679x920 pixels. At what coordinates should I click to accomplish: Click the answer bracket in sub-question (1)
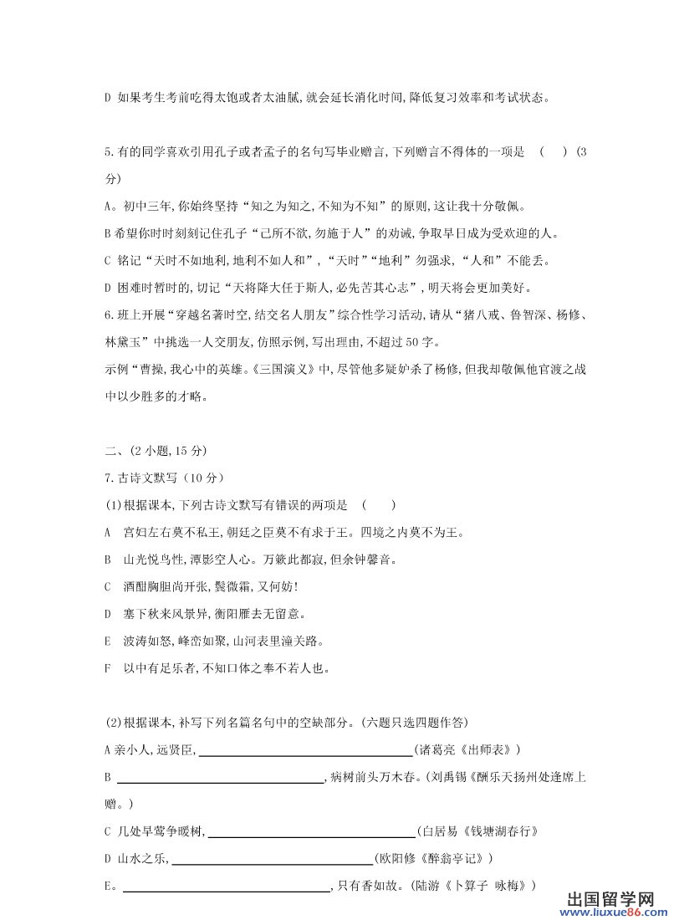[x=380, y=504]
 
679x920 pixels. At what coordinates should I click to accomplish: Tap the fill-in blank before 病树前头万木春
[x=221, y=779]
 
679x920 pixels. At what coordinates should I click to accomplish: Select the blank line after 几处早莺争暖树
[x=312, y=832]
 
